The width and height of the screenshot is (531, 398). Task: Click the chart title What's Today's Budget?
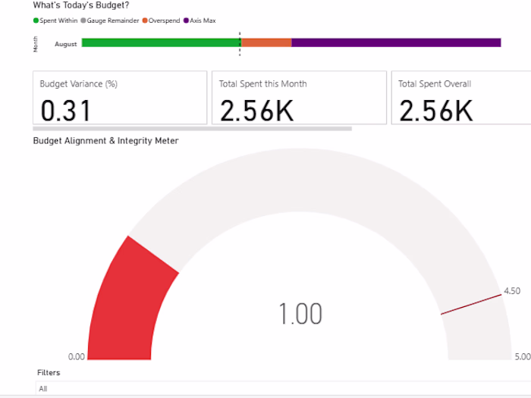[81, 5]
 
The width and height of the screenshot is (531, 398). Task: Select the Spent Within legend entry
[57, 20]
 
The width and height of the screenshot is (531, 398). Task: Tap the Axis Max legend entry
[200, 20]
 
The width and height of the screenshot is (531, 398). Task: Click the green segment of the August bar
[160, 43]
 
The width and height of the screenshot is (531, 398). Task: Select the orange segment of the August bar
[266, 43]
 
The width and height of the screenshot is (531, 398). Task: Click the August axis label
[65, 44]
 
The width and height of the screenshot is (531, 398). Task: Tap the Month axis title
[36, 44]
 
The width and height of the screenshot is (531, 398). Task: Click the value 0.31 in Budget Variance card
[65, 111]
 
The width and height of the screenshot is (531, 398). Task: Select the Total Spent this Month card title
[263, 83]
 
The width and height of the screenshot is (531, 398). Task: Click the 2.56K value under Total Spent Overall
[435, 111]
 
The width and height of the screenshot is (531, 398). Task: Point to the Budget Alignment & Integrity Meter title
[106, 141]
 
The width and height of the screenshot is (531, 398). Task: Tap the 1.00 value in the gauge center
[300, 314]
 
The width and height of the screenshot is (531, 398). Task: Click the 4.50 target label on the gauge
[512, 290]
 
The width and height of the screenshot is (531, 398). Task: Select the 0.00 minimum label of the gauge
[77, 357]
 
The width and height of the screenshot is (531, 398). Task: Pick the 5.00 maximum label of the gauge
[523, 357]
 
